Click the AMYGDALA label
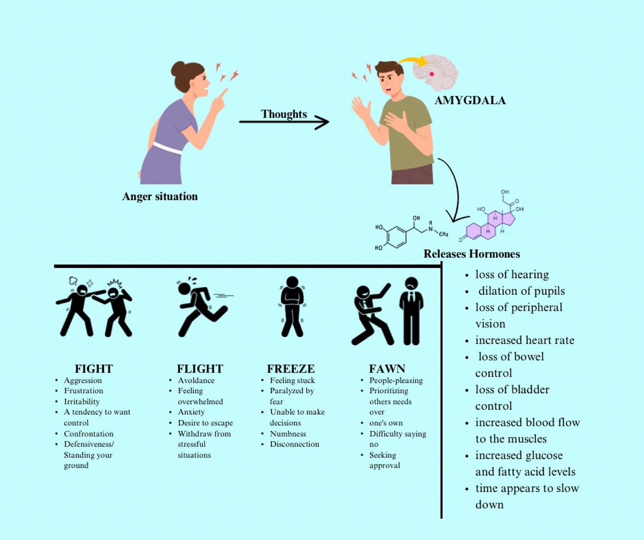pos(470,101)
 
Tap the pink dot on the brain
pos(432,74)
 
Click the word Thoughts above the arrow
pos(284,114)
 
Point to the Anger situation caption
pos(160,196)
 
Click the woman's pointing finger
pos(223,93)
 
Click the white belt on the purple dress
pos(167,148)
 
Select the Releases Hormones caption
pos(471,254)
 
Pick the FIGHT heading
pos(94,369)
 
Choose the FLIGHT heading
pos(200,369)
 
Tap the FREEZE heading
pos(291,369)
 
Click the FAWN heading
pos(387,369)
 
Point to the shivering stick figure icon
pos(292,306)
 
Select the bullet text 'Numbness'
pos(288,434)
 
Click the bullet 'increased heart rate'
pos(525,340)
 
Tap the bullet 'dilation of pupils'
pos(522,291)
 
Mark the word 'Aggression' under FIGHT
pos(83,380)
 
